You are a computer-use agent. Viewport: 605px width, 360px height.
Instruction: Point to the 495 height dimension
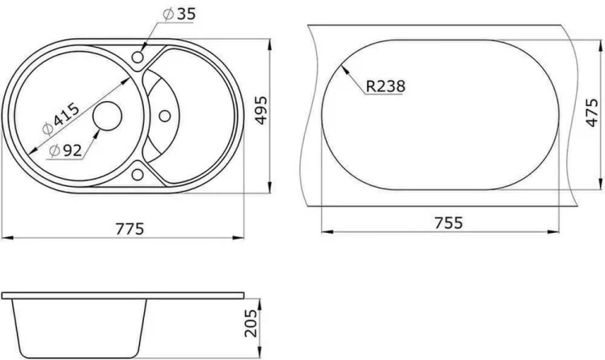coord(260,112)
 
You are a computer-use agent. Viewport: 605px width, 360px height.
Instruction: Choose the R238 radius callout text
coord(386,86)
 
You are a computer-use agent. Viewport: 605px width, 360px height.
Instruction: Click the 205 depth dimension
coord(251,324)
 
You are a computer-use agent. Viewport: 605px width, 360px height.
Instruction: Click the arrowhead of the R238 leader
coord(344,69)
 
